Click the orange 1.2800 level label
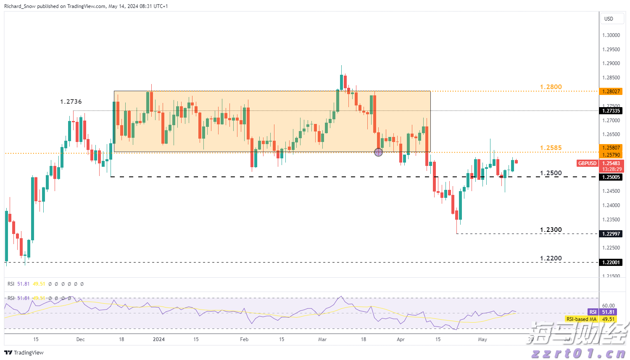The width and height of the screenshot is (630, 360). tap(551, 87)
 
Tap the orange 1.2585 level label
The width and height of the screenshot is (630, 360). tap(551, 148)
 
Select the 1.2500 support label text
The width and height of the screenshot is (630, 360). tap(551, 173)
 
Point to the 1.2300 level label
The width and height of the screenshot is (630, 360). tap(551, 230)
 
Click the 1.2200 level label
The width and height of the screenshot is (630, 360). tap(551, 258)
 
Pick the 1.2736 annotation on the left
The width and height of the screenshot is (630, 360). tap(71, 102)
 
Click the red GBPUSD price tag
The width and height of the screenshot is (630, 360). tap(587, 163)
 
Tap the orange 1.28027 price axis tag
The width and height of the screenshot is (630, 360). tap(611, 92)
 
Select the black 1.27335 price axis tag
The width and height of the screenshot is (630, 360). tap(611, 111)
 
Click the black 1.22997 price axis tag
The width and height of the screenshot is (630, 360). tap(611, 234)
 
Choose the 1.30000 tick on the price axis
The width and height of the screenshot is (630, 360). tap(611, 35)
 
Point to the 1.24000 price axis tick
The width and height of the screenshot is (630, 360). tap(611, 205)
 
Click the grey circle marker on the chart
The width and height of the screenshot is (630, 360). tap(378, 152)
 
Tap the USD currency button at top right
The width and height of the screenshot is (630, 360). tap(609, 19)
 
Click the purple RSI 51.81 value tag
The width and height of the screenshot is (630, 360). tap(608, 312)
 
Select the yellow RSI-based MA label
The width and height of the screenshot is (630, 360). tap(581, 319)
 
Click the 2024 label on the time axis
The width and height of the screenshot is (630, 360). tap(158, 339)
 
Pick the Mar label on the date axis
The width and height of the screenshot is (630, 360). tap(322, 339)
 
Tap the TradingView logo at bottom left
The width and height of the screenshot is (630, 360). tap(24, 352)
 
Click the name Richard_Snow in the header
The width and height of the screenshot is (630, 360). tap(20, 6)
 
